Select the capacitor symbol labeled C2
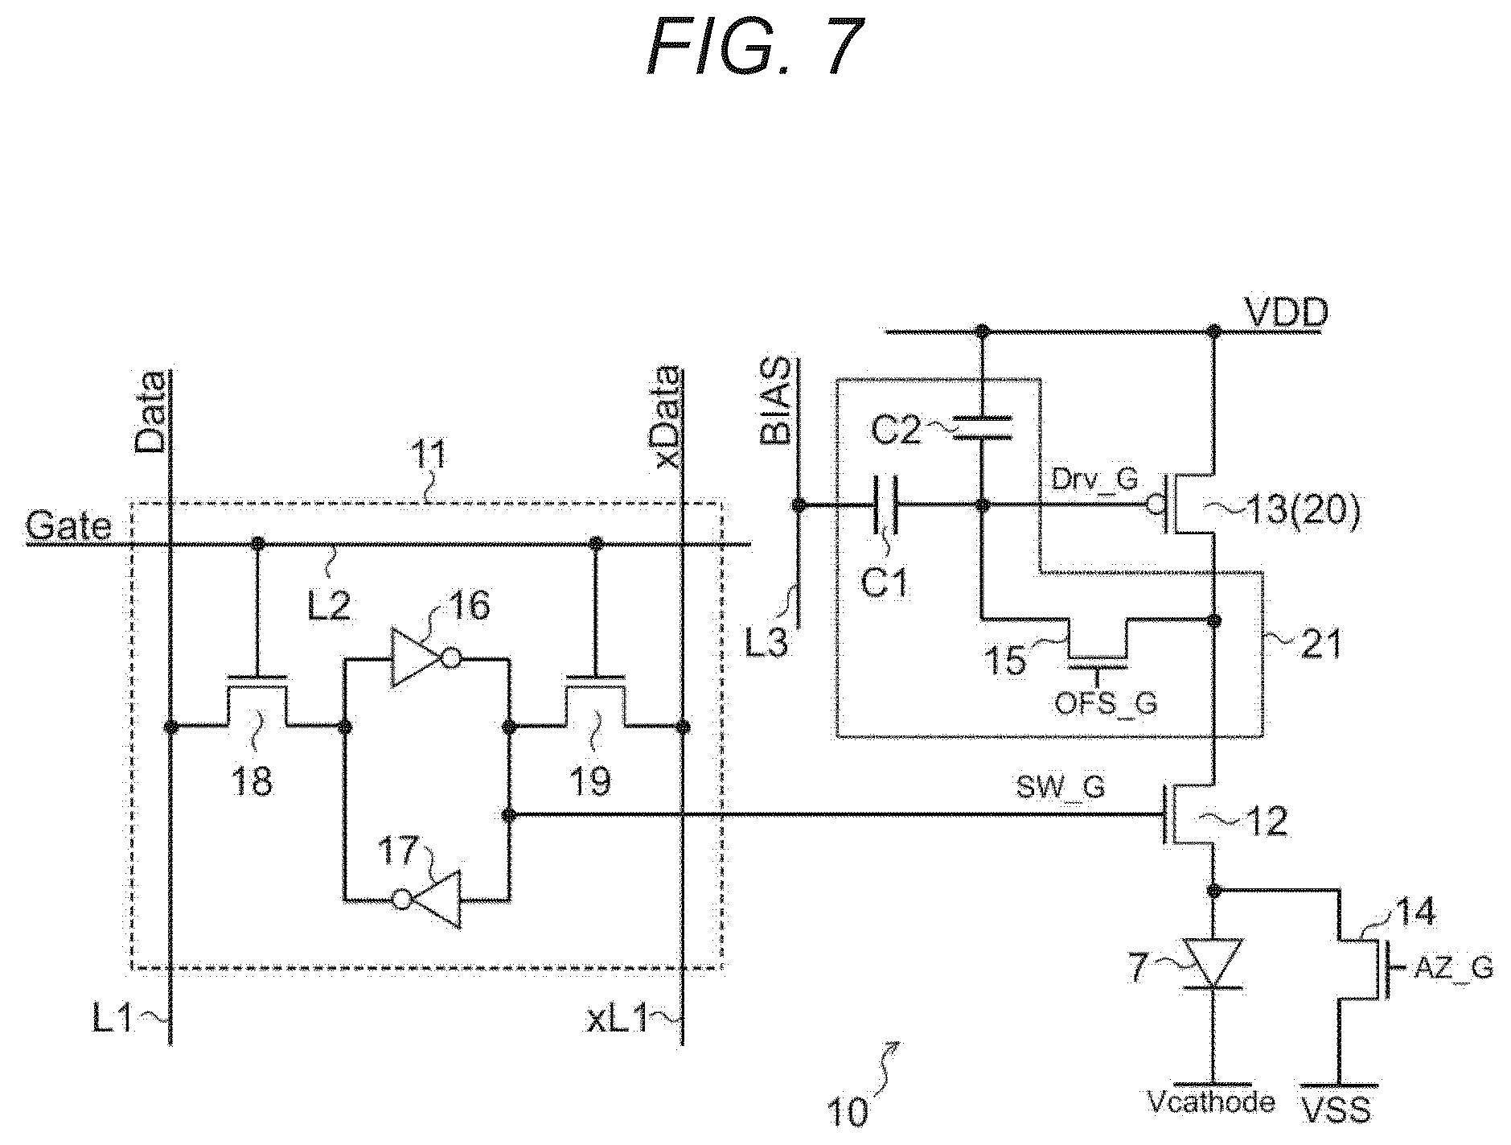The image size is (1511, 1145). click(981, 428)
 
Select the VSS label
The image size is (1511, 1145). click(1336, 1110)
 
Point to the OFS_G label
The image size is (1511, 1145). click(1106, 704)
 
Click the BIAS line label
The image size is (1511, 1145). click(778, 402)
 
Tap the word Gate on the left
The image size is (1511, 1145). click(68, 527)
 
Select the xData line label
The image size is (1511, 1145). click(667, 418)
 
